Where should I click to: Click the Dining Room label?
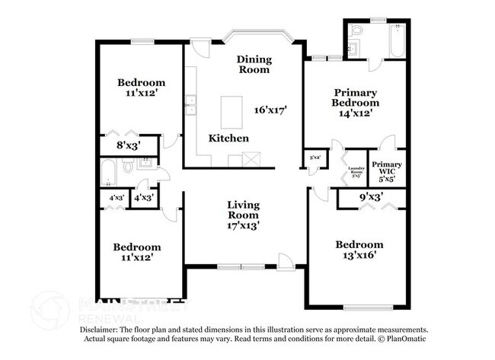pos(254,64)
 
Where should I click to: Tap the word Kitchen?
pos(228,139)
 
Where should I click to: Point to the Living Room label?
pos(244,210)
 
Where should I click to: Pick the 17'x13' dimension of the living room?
pos(244,225)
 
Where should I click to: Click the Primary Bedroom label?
pos(355,97)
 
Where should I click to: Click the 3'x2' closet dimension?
pos(315,158)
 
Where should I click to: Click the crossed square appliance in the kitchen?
pos(251,159)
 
